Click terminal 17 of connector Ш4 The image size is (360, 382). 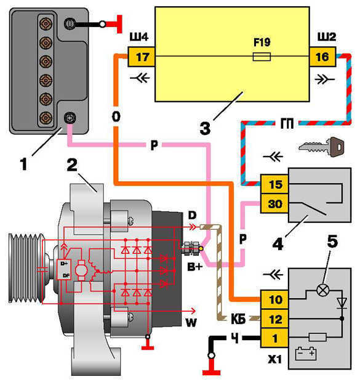coord(141,57)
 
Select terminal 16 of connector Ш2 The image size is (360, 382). coord(322,57)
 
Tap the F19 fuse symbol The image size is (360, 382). coord(262,57)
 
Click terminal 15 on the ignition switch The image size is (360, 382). coord(274,184)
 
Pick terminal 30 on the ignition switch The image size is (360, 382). coord(274,204)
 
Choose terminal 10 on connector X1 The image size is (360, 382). coord(274,299)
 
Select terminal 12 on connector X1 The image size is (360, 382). coord(274,319)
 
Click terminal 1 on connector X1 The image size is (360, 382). coord(274,338)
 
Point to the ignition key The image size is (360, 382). coord(322,147)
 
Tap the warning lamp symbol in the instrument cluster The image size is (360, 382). coord(322,290)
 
